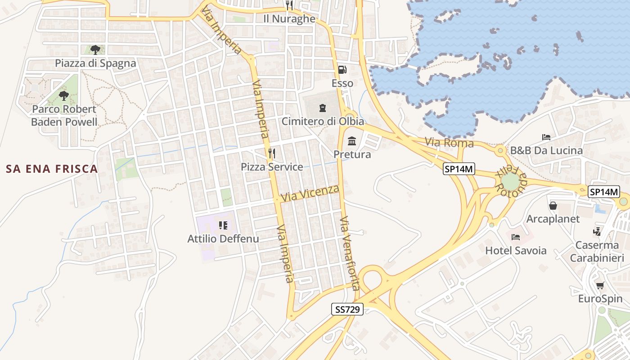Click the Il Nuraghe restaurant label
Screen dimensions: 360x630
coord(289,19)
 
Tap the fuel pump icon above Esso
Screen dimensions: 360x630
coord(342,70)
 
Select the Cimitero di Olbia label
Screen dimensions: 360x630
coord(323,121)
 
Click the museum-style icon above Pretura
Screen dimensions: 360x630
coord(352,141)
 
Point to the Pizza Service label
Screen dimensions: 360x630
coord(272,167)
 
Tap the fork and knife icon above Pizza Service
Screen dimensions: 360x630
coord(271,153)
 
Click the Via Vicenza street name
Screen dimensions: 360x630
coord(310,193)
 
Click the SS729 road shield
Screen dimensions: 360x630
coord(347,310)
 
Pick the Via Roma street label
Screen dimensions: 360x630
coord(449,143)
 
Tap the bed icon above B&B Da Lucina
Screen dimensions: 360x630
coord(546,137)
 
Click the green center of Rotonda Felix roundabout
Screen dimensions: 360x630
coord(510,182)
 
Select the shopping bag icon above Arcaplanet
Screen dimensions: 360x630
coord(553,206)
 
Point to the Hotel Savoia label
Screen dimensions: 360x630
coord(516,251)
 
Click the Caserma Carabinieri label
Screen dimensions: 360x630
coord(597,252)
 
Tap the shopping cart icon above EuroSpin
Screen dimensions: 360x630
coord(600,285)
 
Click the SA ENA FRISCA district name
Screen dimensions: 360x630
coord(52,169)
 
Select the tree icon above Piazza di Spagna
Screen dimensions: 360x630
coord(95,49)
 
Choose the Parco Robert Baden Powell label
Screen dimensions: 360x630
coord(64,115)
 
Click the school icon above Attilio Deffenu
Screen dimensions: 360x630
coord(223,225)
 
